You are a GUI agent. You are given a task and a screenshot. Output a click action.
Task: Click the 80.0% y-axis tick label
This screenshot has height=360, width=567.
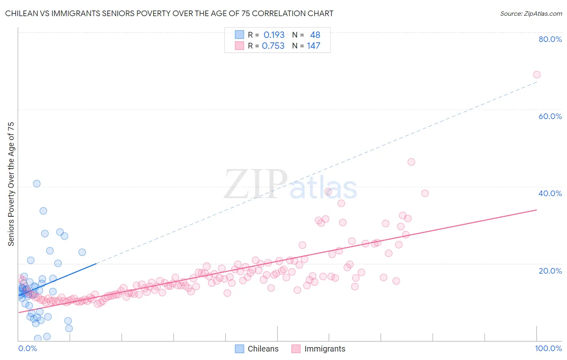click(550, 39)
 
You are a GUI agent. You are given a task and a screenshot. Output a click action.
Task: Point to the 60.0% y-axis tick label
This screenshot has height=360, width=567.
click(550, 116)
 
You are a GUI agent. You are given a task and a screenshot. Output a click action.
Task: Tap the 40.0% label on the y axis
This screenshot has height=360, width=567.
click(550, 193)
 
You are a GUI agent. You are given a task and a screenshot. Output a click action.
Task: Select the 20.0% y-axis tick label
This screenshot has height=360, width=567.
click(550, 271)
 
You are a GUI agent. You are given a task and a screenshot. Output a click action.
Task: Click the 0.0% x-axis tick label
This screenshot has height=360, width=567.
click(27, 348)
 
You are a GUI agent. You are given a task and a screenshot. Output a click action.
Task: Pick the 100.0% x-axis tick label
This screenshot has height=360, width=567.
click(548, 348)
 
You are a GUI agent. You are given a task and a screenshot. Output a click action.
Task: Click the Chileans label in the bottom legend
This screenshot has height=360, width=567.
click(263, 349)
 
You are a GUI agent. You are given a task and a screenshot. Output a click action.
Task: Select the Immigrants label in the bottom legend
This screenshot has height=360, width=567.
click(325, 349)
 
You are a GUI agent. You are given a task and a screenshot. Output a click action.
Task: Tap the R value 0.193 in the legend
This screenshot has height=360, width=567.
click(274, 35)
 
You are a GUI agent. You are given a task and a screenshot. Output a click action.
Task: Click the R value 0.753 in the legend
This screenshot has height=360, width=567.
click(273, 46)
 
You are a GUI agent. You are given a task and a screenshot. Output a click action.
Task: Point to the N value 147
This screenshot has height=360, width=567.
click(313, 46)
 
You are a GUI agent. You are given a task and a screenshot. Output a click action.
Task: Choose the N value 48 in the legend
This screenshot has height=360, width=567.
click(315, 35)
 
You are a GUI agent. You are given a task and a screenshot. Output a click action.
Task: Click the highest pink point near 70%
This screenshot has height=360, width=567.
click(536, 75)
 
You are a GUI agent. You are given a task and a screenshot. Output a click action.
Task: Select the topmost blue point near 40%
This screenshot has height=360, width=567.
click(37, 184)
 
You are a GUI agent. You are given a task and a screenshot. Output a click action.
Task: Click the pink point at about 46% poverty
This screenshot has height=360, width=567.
click(411, 162)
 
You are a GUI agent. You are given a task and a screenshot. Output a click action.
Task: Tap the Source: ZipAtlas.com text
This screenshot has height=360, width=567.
click(531, 14)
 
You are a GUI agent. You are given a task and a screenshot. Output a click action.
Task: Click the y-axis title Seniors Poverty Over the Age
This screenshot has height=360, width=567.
click(11, 184)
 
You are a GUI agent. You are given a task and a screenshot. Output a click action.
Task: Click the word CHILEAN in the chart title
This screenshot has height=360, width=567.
click(21, 14)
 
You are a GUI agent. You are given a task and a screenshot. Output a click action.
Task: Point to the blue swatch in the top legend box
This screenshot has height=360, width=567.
click(240, 35)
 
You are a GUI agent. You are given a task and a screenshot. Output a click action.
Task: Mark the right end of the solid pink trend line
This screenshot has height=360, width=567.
click(536, 210)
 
